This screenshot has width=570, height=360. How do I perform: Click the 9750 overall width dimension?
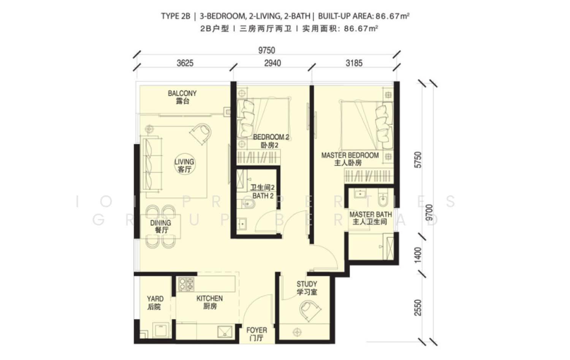267,51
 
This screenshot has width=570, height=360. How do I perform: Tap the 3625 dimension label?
185,63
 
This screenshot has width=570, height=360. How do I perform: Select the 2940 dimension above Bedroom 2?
272,63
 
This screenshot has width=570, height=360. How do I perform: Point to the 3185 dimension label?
354,63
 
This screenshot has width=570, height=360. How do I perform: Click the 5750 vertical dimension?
418,160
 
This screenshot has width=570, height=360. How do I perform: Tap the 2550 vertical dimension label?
418,308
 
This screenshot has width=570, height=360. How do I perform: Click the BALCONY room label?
182,94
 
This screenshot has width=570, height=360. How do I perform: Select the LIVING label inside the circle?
184,162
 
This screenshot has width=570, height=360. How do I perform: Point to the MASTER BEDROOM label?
350,155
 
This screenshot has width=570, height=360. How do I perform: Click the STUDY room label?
307,284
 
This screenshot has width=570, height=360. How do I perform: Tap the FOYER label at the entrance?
257,330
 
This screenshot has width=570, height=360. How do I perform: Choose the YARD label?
155,299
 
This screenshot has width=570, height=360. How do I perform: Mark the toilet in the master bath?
383,198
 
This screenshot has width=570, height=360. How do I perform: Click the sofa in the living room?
152,163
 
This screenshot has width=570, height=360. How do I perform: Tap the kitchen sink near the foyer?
225,332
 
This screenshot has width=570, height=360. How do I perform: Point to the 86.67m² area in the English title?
393,16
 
